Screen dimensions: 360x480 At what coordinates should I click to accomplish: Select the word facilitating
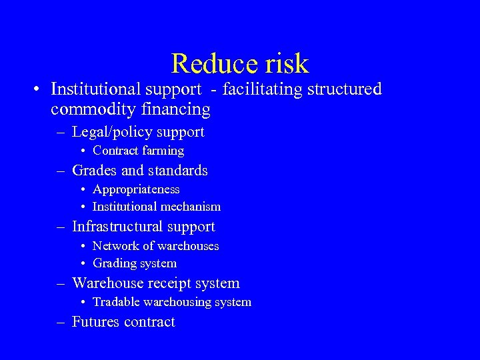[260, 89]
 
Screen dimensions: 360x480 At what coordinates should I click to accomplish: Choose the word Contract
[114, 151]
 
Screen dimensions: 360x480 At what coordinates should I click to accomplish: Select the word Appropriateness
[136, 189]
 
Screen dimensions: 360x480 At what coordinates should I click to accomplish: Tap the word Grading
[113, 263]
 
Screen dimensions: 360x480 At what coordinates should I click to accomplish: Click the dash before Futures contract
[61, 322]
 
